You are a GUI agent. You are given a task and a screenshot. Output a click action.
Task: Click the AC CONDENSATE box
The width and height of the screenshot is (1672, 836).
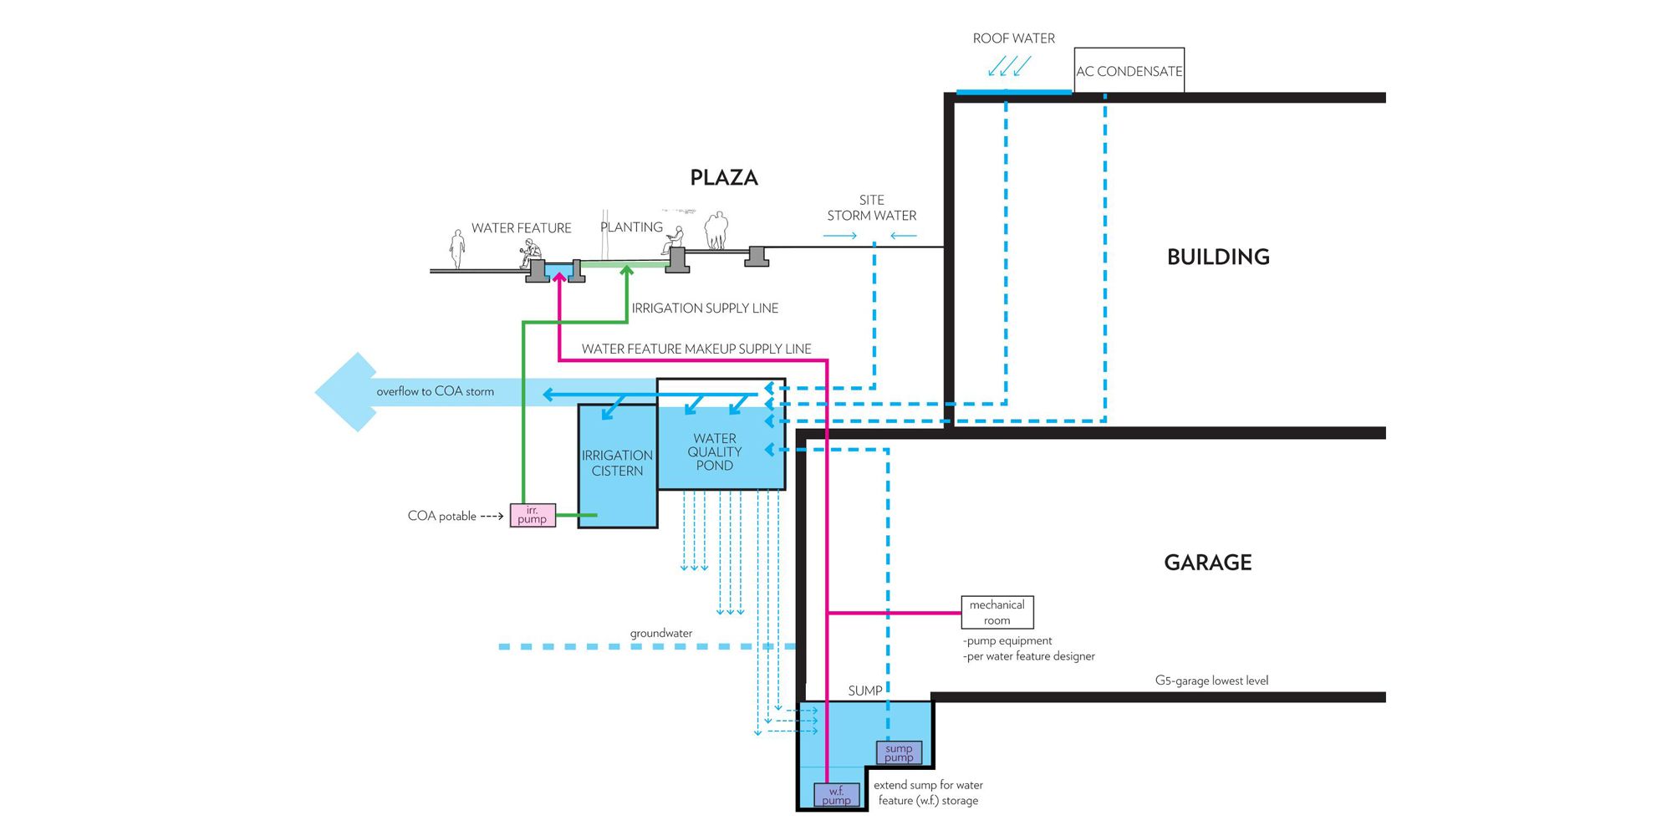coord(1129,70)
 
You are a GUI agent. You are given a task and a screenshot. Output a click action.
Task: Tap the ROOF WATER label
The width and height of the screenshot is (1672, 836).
coord(1013,38)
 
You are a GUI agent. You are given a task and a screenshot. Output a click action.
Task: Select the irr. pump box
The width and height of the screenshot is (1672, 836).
coord(533,515)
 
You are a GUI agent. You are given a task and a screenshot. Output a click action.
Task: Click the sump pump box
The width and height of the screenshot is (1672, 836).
coord(899,753)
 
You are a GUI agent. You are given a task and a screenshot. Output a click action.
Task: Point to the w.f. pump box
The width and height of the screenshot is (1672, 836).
coord(836,795)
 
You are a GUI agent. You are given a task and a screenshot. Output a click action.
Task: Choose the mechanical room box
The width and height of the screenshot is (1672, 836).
coord(997,612)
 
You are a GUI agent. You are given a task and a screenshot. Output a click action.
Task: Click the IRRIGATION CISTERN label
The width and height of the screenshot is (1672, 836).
coord(617,463)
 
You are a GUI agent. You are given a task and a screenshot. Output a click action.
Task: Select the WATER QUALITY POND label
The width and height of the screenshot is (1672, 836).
coord(715,451)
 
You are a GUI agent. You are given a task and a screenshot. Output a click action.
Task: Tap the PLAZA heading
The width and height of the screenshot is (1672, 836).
coord(724,177)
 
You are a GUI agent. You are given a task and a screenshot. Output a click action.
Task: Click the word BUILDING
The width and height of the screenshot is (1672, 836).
coord(1218,257)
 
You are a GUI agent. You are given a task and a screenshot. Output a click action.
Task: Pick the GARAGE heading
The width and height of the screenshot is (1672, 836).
coord(1208,563)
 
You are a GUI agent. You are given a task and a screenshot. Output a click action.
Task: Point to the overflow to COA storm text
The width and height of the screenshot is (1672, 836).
coord(435,391)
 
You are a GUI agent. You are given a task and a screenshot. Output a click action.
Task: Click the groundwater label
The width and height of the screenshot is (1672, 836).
coord(661,633)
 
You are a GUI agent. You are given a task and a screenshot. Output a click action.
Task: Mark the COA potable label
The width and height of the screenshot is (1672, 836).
coord(441,516)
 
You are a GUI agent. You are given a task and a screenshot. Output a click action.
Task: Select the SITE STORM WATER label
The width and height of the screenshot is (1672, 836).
coord(872,208)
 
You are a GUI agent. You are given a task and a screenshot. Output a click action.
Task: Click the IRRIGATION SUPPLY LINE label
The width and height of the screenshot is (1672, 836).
coord(705,308)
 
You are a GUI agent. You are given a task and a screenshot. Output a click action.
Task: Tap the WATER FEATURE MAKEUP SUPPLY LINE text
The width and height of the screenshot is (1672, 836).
coord(696,349)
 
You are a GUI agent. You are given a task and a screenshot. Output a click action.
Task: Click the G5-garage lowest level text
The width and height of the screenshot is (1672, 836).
coord(1211,681)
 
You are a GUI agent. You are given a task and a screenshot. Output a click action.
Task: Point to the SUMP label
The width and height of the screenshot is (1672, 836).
coord(864,691)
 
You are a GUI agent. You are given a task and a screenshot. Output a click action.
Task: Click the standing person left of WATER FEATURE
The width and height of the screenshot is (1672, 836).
coord(456,249)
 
